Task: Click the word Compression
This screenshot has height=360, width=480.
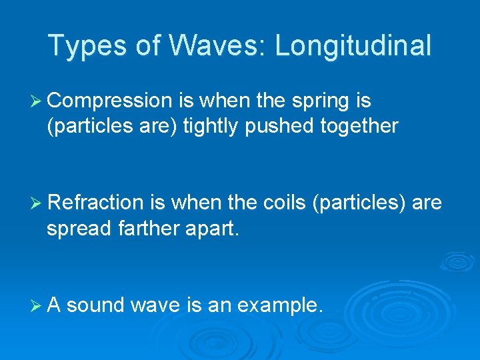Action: (110, 101)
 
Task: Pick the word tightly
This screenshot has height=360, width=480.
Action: (211, 126)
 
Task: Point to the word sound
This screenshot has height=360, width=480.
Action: (96, 305)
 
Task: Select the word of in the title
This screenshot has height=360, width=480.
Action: (144, 46)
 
